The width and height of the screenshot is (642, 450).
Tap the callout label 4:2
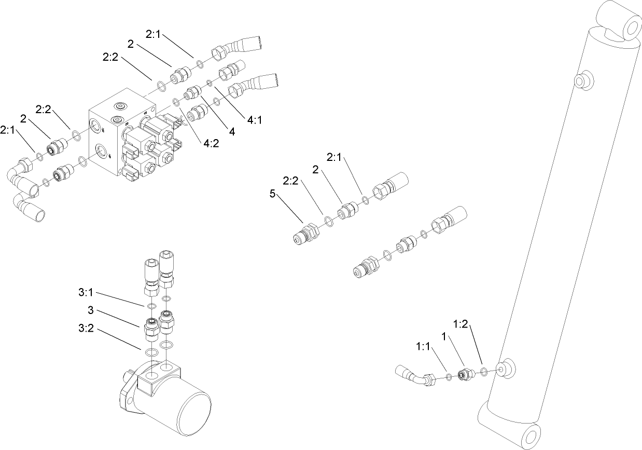[212, 143]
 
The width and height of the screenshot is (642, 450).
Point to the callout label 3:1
[86, 293]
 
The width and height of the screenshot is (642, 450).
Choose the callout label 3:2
[86, 329]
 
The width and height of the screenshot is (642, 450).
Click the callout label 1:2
[460, 324]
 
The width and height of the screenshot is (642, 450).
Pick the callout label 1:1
[423, 346]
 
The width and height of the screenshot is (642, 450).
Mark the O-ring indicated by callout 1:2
[483, 372]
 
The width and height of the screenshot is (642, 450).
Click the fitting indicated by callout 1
[465, 374]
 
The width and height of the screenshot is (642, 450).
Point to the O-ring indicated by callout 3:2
[151, 353]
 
